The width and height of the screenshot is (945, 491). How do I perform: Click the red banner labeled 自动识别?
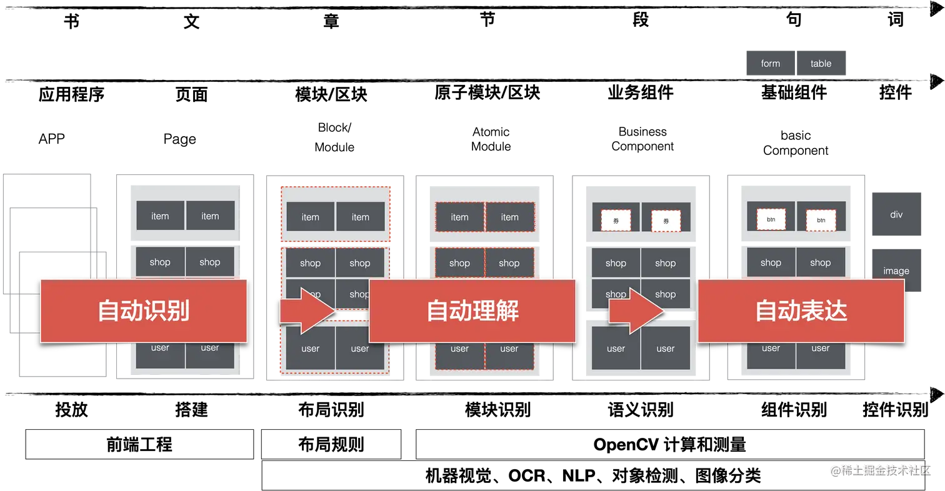click(x=144, y=310)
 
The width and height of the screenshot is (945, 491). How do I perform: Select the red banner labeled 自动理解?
click(x=472, y=310)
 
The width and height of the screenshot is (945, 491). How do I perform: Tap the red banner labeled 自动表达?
click(x=801, y=310)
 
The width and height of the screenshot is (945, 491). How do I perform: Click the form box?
click(x=771, y=63)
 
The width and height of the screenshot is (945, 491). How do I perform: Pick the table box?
click(x=821, y=63)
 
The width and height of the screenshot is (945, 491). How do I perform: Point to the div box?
click(x=896, y=215)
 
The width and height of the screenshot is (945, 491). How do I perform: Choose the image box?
click(x=896, y=270)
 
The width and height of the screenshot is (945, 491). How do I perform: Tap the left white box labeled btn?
click(x=771, y=220)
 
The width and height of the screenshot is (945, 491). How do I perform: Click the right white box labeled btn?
click(x=821, y=221)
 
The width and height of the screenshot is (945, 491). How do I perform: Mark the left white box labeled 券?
click(x=616, y=221)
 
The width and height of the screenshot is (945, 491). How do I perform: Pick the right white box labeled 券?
click(x=666, y=221)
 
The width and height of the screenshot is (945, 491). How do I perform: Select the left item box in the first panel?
click(x=160, y=216)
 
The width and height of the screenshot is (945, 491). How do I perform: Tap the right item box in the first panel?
click(x=210, y=216)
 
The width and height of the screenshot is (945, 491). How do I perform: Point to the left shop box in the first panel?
click(x=160, y=262)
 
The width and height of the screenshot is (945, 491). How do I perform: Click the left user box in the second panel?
click(x=310, y=349)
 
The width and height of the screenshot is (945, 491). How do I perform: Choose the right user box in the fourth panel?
click(x=666, y=349)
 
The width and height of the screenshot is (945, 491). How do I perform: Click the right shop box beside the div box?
click(x=821, y=262)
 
